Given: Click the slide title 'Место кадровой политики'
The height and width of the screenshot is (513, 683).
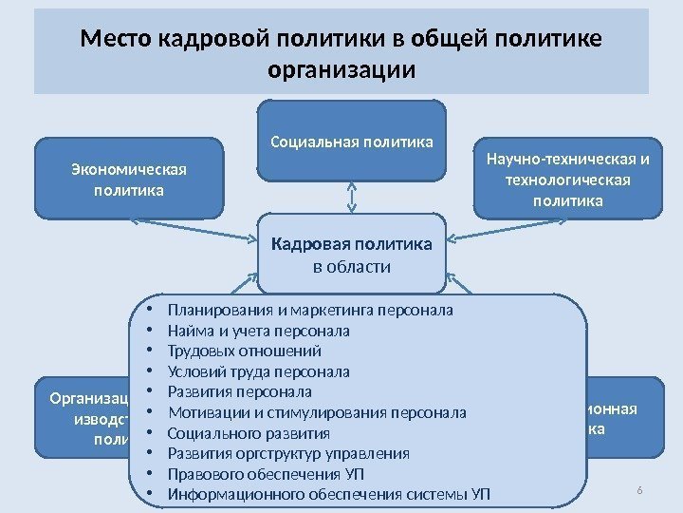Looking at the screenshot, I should pos(341,40).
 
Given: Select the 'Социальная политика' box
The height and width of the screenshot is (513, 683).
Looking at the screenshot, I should pos(352,142).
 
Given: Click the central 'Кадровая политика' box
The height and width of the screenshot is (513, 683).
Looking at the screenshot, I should pos(352,245).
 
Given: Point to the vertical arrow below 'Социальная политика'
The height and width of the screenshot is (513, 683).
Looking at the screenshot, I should pos(352,198).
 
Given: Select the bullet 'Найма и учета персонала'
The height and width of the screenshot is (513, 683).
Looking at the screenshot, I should pos(258,331).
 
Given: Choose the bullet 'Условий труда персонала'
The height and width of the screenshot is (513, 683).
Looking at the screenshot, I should pos(258,371).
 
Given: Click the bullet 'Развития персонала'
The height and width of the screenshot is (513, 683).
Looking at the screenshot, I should pos(239,391).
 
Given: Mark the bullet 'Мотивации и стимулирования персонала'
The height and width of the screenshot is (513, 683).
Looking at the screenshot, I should pos(317,412).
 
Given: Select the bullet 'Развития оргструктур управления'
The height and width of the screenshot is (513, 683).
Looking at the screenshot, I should pos(288,453).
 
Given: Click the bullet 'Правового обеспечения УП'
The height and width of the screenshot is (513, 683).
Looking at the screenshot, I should pos(266,474).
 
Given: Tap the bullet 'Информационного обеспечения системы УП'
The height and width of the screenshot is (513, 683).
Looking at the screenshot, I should pos(329,494).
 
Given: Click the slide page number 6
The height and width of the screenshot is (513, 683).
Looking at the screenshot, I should pos(639,489).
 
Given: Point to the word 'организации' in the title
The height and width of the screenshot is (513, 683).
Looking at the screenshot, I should pos(341,70).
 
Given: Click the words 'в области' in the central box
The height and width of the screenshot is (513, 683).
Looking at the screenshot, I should pos(352,267).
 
